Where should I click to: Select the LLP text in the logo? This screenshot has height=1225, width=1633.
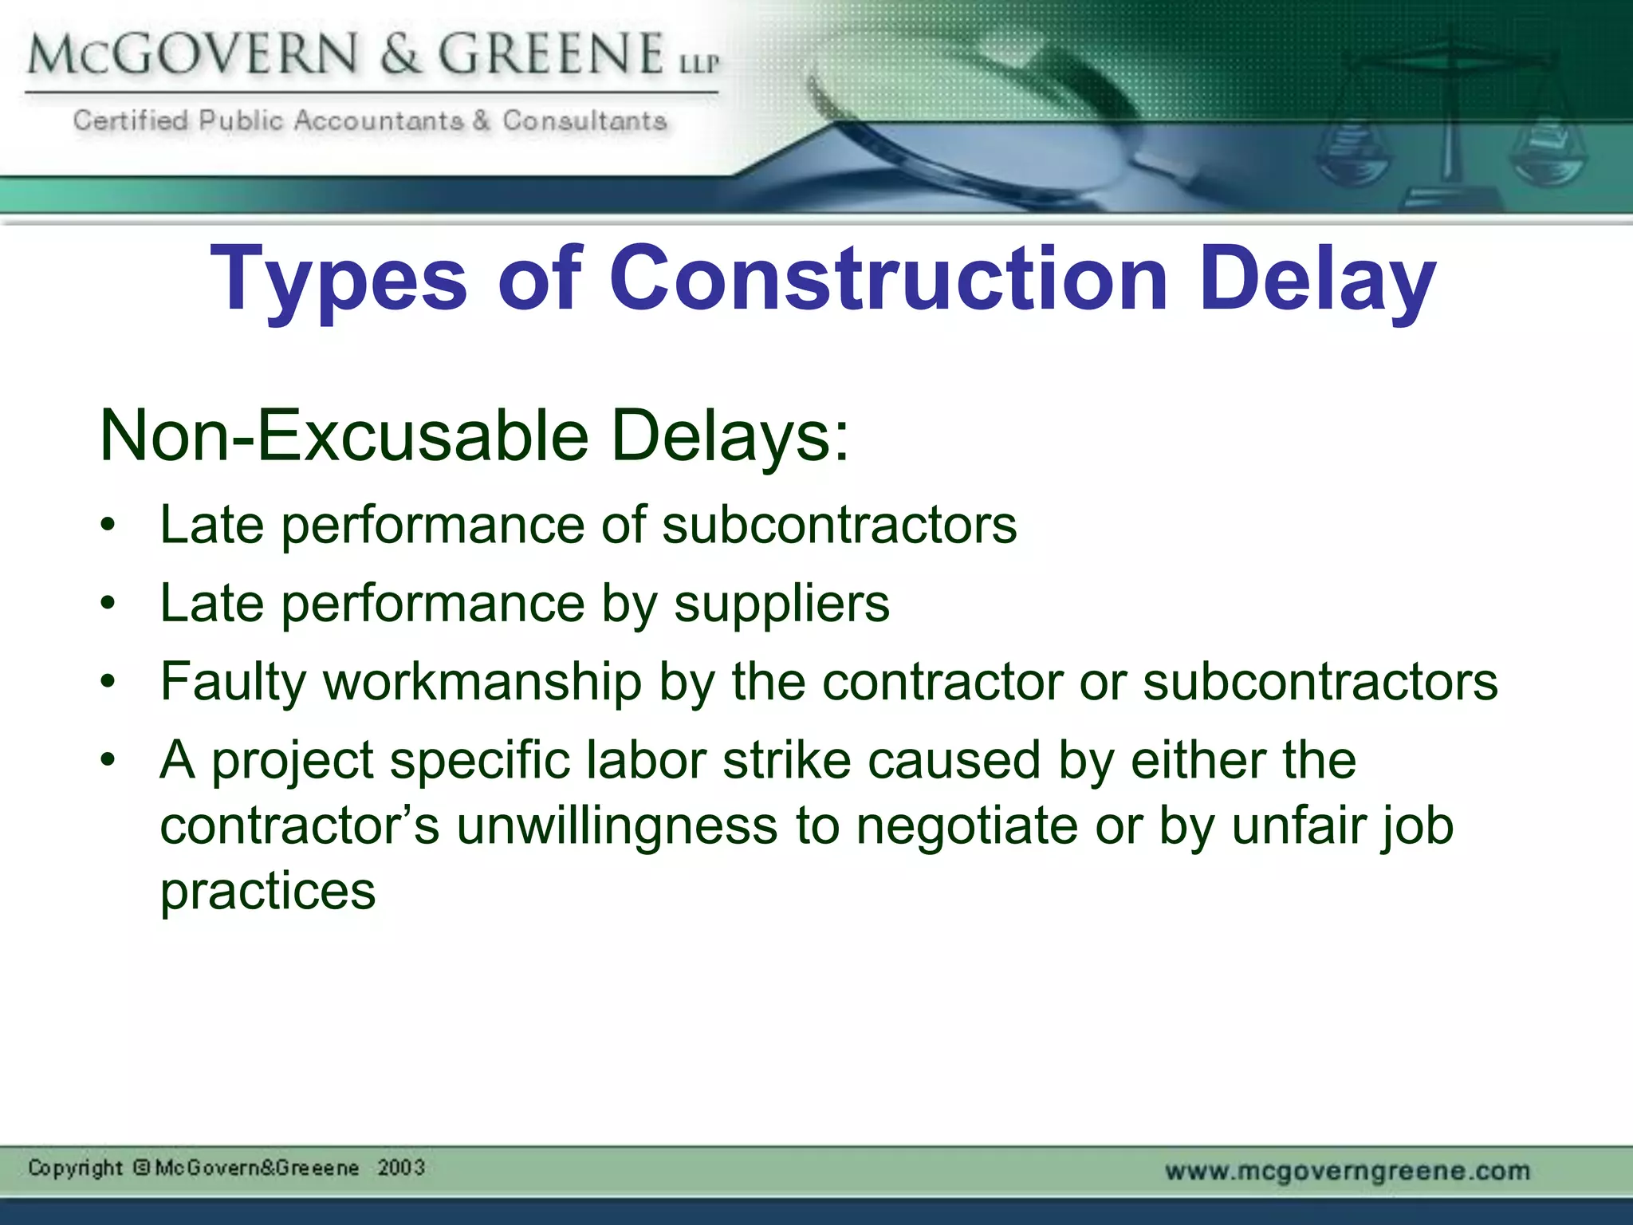[699, 62]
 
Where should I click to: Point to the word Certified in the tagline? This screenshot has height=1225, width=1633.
[131, 120]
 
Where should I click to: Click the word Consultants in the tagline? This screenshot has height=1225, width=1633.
[584, 120]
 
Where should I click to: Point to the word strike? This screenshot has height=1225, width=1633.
[787, 759]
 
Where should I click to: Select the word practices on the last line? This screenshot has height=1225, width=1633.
[268, 892]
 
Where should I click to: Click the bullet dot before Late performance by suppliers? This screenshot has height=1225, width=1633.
[108, 604]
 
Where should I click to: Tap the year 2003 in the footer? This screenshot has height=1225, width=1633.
[401, 1168]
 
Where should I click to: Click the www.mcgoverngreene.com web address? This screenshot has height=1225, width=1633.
[1348, 1171]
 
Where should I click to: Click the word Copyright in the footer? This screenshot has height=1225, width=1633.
[75, 1168]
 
